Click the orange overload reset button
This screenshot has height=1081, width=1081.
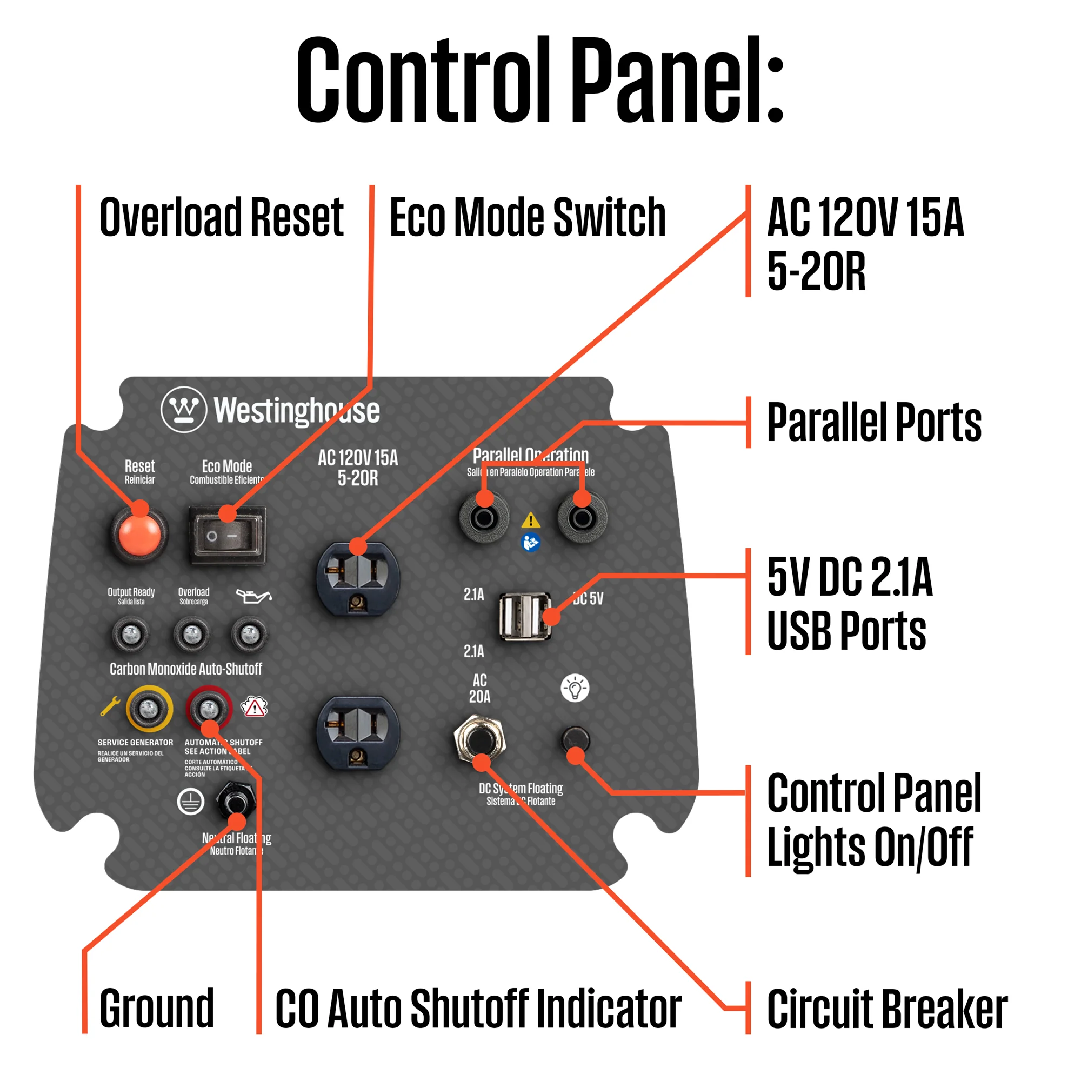click(x=139, y=533)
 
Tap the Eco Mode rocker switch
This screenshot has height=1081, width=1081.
click(x=227, y=535)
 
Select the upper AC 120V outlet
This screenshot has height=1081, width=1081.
click(x=358, y=578)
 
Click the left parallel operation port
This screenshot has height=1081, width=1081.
click(x=484, y=518)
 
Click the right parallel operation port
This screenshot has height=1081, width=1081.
click(x=582, y=518)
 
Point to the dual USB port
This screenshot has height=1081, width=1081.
click(x=525, y=617)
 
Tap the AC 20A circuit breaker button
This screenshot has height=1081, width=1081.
click(x=479, y=740)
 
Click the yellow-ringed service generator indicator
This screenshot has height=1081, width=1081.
click(x=149, y=709)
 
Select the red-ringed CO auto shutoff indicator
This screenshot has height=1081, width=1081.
click(x=209, y=709)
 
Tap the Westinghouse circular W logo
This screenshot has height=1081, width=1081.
click(x=184, y=410)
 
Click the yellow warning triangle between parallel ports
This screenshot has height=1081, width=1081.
click(x=530, y=521)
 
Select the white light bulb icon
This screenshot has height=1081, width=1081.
click(x=575, y=688)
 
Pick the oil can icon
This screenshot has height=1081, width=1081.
click(x=253, y=597)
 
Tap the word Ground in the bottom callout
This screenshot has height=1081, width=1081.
click(x=157, y=1008)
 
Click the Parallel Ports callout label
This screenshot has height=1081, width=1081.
click(x=873, y=423)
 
